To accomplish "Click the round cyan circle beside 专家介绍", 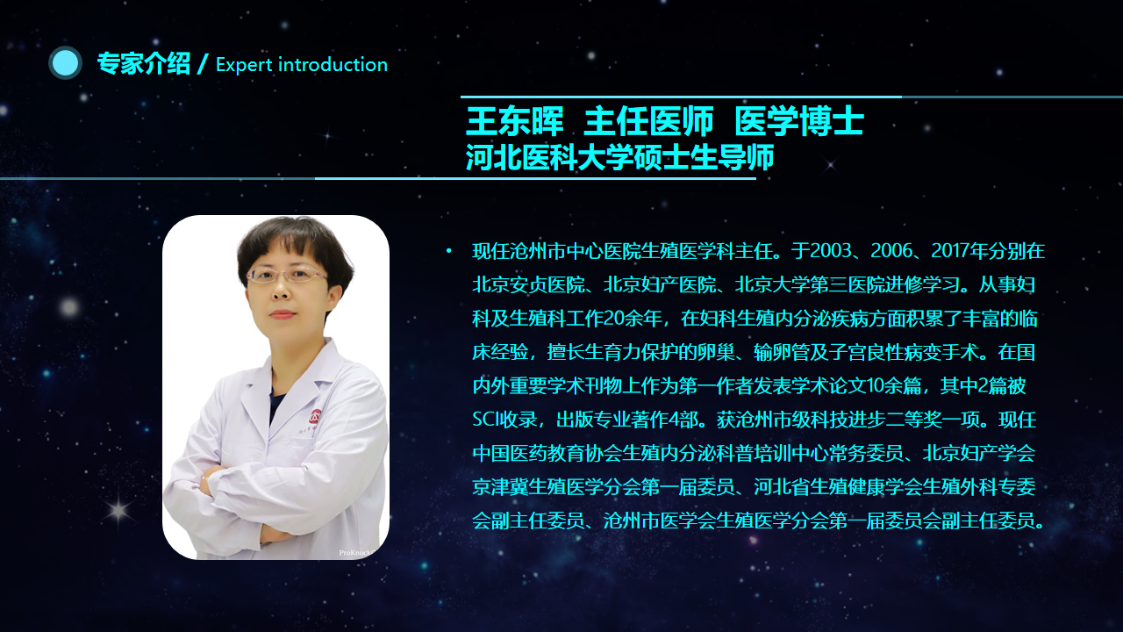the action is [x=65, y=62].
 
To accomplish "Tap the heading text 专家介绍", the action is [x=144, y=64].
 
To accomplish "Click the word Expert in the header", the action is [x=244, y=65].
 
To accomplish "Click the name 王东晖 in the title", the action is [x=515, y=121].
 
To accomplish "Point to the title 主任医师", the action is [x=648, y=121].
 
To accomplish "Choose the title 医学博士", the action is [x=799, y=121].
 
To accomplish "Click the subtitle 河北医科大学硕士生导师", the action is [x=620, y=157].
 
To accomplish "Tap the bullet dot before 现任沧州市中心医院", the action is [x=448, y=251].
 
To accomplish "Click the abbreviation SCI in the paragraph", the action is [x=486, y=420].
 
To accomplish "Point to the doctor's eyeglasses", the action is [x=287, y=276].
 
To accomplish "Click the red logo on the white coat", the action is [x=316, y=416].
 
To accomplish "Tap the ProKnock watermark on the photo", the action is [x=356, y=553].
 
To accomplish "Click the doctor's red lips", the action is [x=283, y=314].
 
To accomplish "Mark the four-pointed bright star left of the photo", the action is [x=118, y=511].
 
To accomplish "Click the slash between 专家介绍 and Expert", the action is [x=203, y=64].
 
